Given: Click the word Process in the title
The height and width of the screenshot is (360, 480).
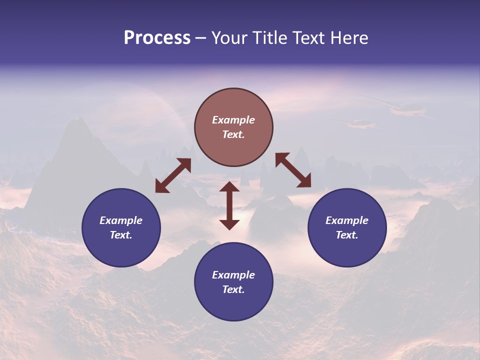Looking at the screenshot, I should (157, 38).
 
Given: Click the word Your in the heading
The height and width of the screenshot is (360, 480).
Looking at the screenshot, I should (229, 38).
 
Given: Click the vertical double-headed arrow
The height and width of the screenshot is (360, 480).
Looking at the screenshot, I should (229, 205).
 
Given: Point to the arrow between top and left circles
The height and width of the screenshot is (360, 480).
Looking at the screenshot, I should (173, 175).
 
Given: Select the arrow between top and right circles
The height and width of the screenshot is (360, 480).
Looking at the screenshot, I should (293, 170).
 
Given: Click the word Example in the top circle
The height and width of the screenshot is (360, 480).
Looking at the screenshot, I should (233, 120).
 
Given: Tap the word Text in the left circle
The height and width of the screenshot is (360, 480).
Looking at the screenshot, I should (121, 235).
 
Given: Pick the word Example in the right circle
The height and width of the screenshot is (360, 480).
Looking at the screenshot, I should (347, 220).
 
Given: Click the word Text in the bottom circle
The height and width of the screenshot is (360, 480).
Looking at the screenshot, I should (233, 289).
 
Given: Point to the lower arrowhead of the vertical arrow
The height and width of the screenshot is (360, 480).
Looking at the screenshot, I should (229, 224).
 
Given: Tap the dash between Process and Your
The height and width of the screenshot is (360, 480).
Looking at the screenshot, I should (200, 38).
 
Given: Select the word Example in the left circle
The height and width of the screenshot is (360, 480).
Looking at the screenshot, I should (121, 220).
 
